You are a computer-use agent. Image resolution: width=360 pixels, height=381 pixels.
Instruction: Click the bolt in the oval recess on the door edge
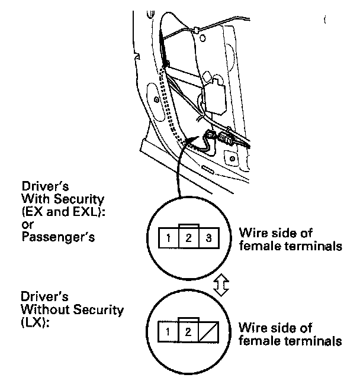click(x=232, y=158)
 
